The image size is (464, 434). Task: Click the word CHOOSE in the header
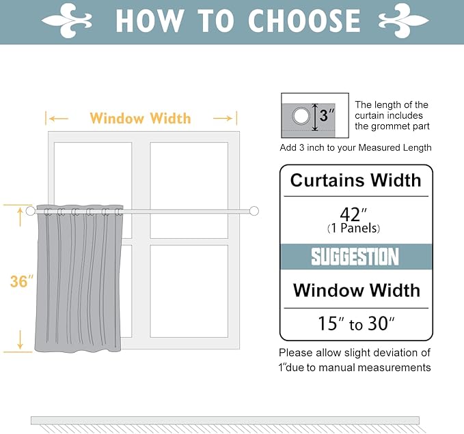coord(303,21)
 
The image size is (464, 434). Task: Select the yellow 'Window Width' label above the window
coord(140,119)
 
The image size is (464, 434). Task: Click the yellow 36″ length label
coord(22,281)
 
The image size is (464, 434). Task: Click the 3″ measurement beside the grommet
coord(327,116)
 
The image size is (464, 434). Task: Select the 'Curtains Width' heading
coord(355,181)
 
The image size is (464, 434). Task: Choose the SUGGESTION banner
coord(355,257)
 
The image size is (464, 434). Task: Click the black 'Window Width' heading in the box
coord(356,291)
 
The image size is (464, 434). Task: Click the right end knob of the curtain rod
coord(254,211)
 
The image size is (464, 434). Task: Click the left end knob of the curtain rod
coord(31,211)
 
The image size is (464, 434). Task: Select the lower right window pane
coord(189,290)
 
